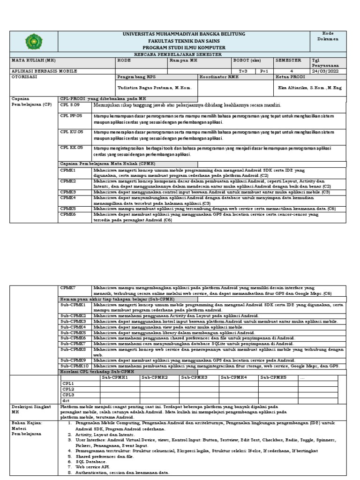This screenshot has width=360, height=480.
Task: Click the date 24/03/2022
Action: click(324, 71)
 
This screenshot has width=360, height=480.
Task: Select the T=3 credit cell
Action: click(243, 71)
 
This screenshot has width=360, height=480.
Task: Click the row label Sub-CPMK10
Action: click(75, 366)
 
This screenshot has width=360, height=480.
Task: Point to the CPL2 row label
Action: click(69, 389)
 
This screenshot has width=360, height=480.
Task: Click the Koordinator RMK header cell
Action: click(220, 76)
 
